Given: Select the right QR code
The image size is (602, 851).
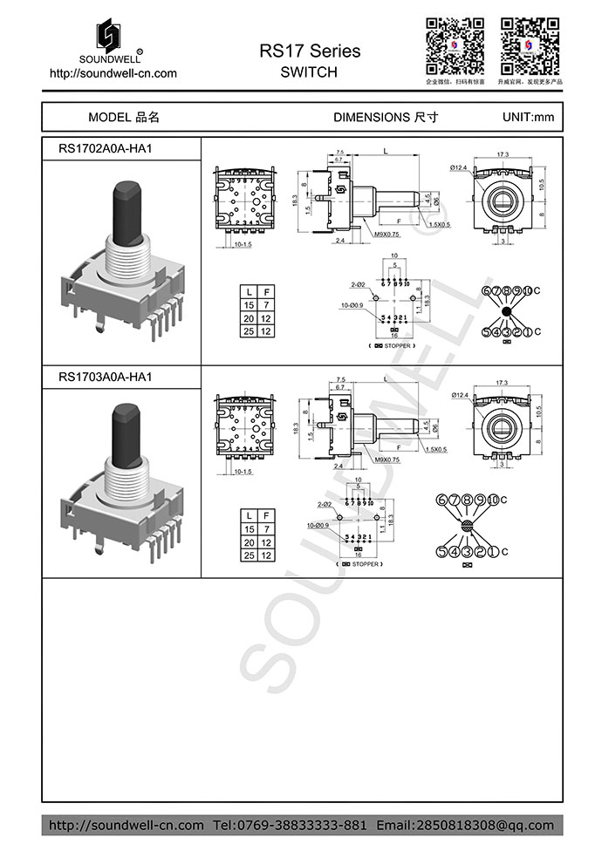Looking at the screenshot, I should click(x=529, y=44).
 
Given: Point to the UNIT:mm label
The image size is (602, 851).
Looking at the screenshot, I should click(x=528, y=117).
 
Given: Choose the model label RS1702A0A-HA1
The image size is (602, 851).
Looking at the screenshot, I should click(x=105, y=148).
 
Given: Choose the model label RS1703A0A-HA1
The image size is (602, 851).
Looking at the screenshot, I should click(x=105, y=377).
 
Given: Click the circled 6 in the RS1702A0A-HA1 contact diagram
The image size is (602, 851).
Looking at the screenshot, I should click(x=476, y=290).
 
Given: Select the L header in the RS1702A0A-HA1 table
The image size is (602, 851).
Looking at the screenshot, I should click(x=250, y=290).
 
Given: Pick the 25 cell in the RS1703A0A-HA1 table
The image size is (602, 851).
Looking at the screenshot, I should click(x=250, y=555).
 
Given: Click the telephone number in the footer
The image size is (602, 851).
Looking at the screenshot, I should click(x=291, y=825).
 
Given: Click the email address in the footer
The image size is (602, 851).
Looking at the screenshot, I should click(x=465, y=825).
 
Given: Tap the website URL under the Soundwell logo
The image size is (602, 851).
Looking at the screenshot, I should click(x=113, y=73).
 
